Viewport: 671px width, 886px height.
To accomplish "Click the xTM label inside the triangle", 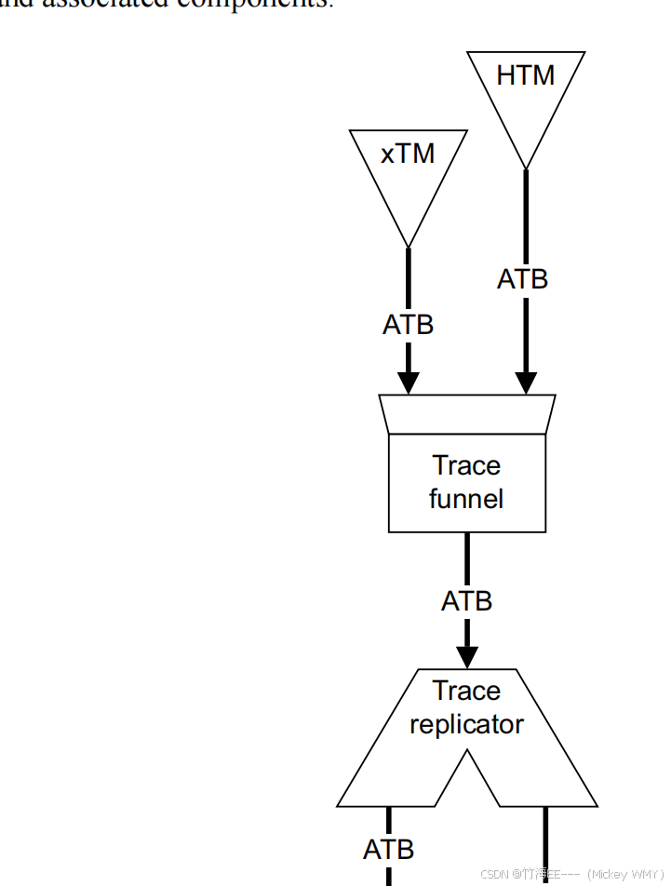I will click(x=408, y=154).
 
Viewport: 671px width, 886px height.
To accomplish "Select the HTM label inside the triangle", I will click(x=525, y=75).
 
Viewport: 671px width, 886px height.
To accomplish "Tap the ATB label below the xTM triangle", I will click(x=408, y=325).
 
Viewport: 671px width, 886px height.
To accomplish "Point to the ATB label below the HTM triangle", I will click(x=522, y=279).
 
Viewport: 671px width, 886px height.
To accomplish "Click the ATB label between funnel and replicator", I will click(x=466, y=601).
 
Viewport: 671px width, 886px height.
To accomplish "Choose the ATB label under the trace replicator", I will click(x=388, y=849).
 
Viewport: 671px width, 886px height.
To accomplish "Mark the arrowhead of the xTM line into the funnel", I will click(x=408, y=382).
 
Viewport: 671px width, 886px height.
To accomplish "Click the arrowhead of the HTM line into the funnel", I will click(x=526, y=382).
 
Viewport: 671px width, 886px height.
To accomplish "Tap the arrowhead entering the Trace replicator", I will click(x=466, y=656).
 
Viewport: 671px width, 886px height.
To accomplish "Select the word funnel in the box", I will click(x=466, y=499).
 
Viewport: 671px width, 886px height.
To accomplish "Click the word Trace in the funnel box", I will click(x=466, y=465).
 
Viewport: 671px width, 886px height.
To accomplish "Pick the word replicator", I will click(x=466, y=724).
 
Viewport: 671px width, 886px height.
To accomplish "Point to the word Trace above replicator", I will click(x=466, y=691).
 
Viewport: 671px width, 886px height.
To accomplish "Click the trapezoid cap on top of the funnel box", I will click(x=467, y=414).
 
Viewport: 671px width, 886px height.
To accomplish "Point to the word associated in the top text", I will click(x=122, y=3).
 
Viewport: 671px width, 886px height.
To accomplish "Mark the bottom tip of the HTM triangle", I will click(x=526, y=168).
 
